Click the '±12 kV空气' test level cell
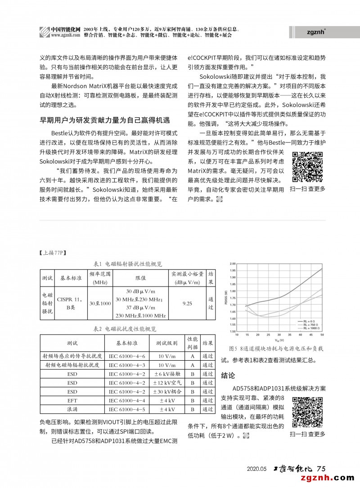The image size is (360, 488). pyautogui.click(x=167, y=383)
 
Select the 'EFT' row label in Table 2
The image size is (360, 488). pyautogui.click(x=72, y=400)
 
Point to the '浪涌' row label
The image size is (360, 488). pyautogui.click(x=72, y=409)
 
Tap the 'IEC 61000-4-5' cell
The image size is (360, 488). pyautogui.click(x=127, y=409)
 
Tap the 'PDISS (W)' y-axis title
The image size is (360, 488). pyautogui.click(x=225, y=298)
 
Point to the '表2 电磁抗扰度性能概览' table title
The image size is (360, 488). pyautogui.click(x=125, y=329)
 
